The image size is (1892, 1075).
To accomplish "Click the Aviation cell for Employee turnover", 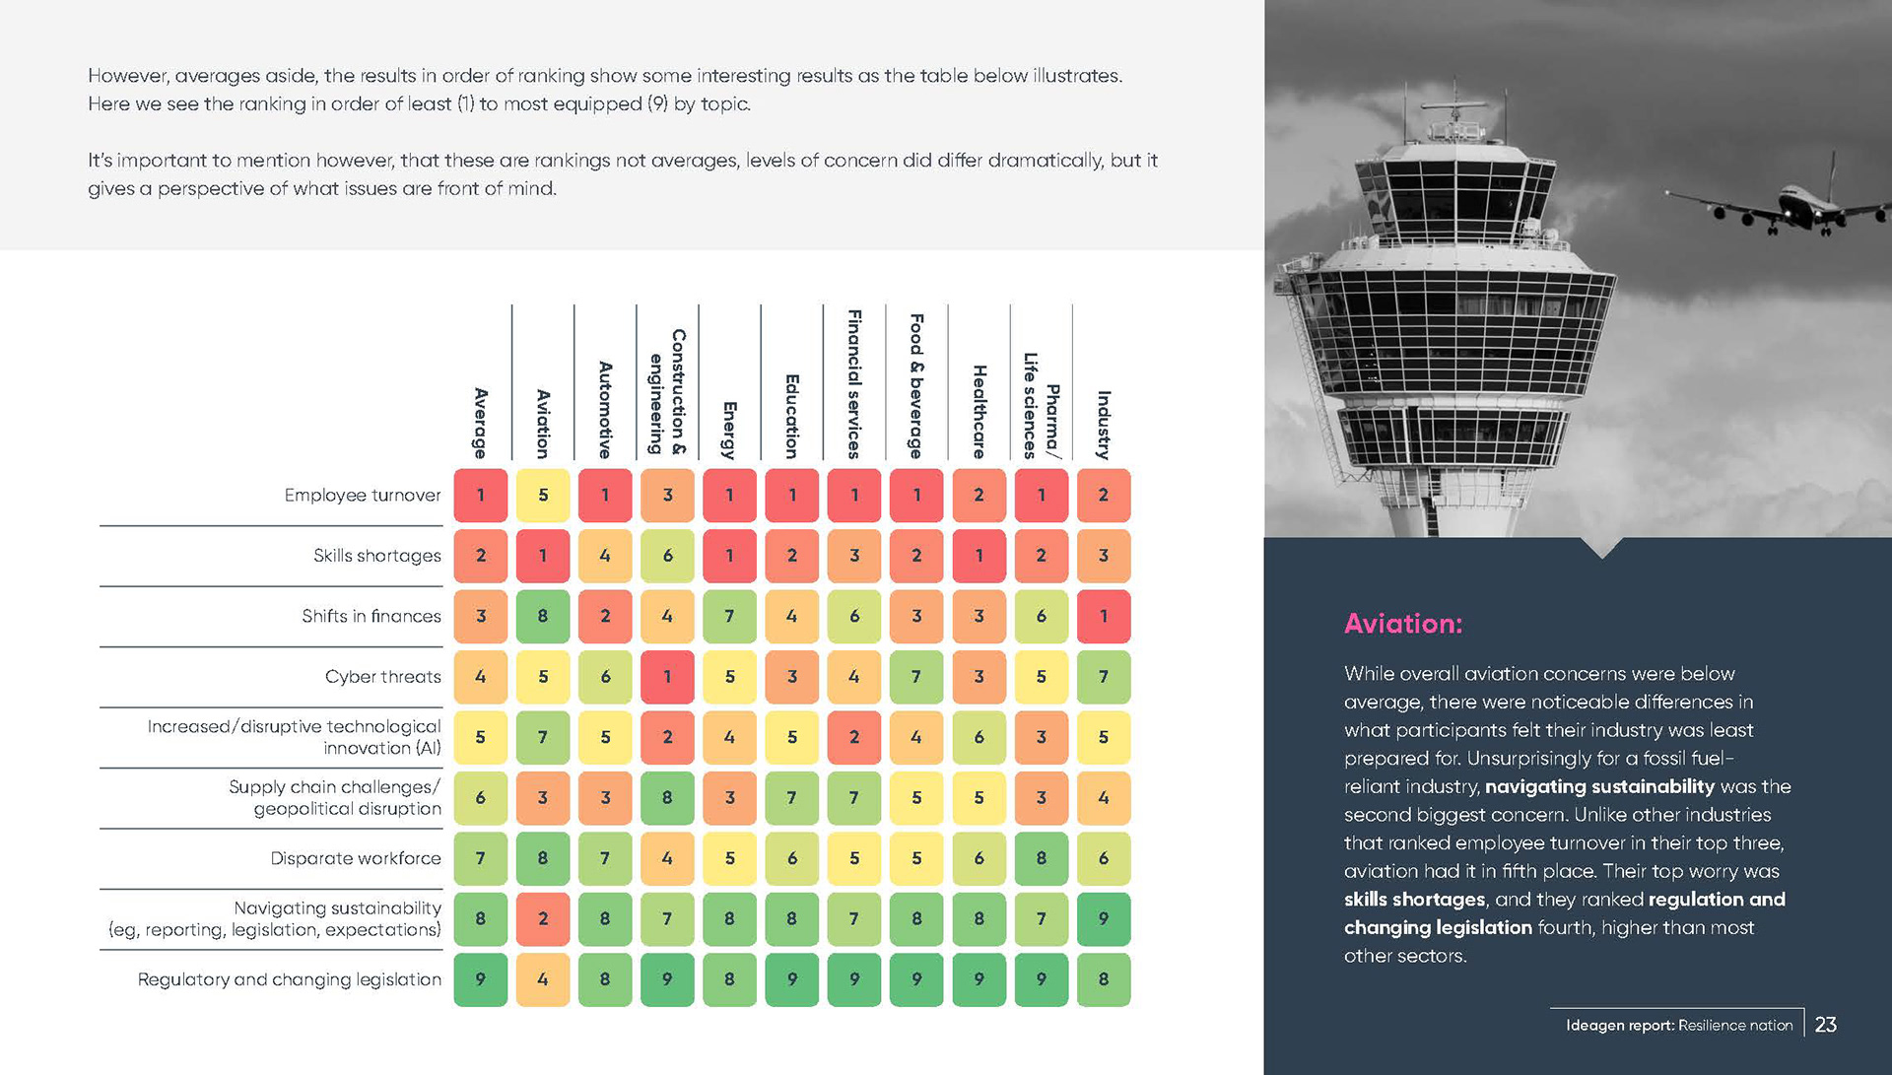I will click(543, 496).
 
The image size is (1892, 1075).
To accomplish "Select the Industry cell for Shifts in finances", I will click(1103, 617).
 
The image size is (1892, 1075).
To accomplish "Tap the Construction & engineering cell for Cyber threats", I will click(667, 677).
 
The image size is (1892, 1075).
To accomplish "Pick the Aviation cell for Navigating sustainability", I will click(543, 919).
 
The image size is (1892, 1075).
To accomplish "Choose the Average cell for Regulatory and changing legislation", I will click(481, 979).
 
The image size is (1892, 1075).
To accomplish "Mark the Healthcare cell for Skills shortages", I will click(979, 556).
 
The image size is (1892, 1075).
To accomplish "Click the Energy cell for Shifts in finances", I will click(729, 617).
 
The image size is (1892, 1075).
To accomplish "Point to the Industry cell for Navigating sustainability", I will click(1103, 919).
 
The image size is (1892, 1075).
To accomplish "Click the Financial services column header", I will click(854, 384).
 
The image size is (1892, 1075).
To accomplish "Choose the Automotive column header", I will click(605, 410).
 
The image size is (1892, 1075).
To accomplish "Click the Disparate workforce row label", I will click(356, 858).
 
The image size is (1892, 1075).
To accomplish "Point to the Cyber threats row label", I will click(383, 677).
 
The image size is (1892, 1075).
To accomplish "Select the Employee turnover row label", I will click(363, 496).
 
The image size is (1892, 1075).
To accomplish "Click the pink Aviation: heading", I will click(1403, 624).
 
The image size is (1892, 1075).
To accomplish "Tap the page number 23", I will click(1825, 1025).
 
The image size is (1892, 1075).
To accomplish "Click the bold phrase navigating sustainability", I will click(1599, 786).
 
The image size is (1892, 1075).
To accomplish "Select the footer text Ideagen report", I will click(1619, 1026).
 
